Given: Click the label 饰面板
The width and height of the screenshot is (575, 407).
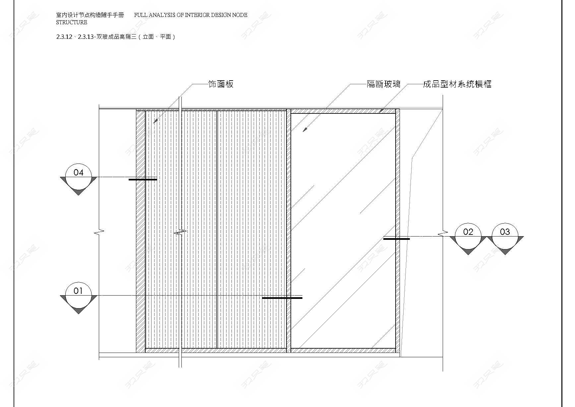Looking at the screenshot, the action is pos(221,84).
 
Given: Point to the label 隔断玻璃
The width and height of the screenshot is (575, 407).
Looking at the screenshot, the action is pos(384,84).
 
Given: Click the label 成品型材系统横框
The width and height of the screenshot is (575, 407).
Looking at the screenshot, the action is pos(457,84).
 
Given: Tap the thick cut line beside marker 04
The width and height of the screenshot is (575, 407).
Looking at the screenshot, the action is pos(143,179).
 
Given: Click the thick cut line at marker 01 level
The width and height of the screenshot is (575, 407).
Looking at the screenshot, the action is pos(282,298).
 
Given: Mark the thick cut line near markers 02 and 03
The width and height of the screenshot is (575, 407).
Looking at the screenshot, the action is pos(397,239).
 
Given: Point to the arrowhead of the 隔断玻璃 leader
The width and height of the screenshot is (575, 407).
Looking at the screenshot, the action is pos(305,130).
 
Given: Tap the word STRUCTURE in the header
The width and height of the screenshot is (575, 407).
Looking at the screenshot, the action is pos(72,22).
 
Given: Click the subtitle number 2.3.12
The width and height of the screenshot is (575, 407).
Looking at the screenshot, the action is pos(64,37).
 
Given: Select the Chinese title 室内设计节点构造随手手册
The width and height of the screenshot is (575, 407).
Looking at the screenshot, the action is pos(90,15).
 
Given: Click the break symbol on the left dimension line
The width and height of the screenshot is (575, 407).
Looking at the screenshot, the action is pos(99,232).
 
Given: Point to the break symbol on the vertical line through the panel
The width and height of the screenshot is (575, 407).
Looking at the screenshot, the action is pos(180,232).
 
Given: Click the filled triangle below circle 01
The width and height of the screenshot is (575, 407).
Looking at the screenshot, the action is pos(78,311).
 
